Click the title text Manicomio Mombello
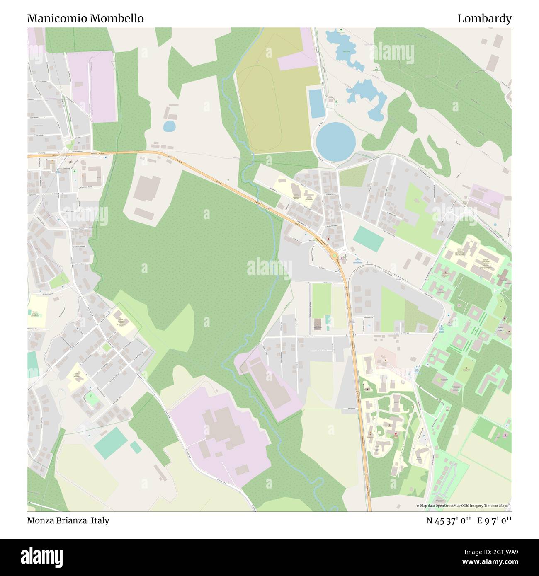coord(85,19)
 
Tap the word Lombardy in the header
coord(484,19)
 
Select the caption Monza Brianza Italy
coord(68,520)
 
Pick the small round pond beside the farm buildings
coord(169,126)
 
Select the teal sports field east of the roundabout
coord(368,239)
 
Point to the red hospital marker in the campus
coord(396,434)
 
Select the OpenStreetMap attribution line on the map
coord(464,506)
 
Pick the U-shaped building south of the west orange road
coord(92,176)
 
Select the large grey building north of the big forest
coord(148,189)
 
